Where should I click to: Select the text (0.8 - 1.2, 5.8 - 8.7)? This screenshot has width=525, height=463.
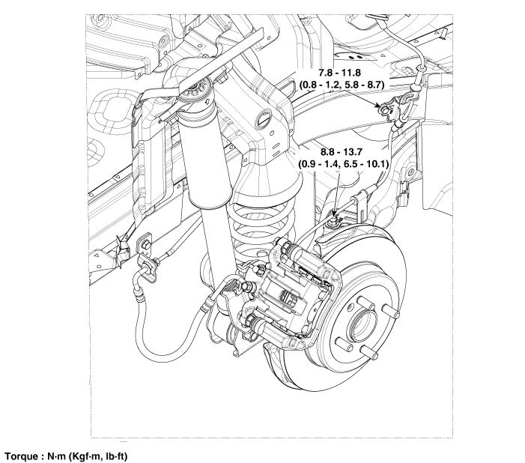pyautogui.click(x=342, y=85)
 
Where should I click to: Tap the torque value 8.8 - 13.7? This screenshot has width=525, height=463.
pyautogui.click(x=345, y=150)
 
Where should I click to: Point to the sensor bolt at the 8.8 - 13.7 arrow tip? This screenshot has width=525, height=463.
pyautogui.click(x=333, y=219)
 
